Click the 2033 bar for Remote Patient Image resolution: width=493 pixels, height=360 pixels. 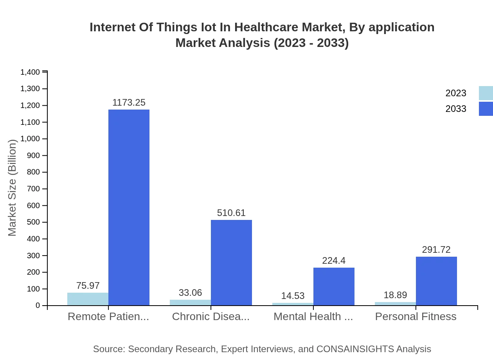pyautogui.click(x=129, y=207)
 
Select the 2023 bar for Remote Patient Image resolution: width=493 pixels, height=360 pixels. pyautogui.click(x=88, y=299)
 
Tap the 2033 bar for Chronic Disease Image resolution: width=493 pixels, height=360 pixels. pyautogui.click(x=231, y=263)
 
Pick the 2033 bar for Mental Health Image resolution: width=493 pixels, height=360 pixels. pyautogui.click(x=334, y=286)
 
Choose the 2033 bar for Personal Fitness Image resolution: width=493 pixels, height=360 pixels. pyautogui.click(x=436, y=281)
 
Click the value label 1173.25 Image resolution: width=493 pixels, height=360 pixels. pyautogui.click(x=129, y=103)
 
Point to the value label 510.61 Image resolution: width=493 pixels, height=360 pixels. pyautogui.click(x=231, y=213)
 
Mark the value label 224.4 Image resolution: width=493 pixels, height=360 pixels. pyautogui.click(x=334, y=261)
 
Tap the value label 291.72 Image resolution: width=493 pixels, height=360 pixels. pyautogui.click(x=436, y=250)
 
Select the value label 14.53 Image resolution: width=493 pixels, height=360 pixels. pyautogui.click(x=293, y=296)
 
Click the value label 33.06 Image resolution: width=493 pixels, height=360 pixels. pyautogui.click(x=190, y=293)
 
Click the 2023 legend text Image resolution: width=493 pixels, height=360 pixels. pyautogui.click(x=456, y=93)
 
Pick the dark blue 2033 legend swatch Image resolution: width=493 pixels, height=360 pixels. pyautogui.click(x=486, y=109)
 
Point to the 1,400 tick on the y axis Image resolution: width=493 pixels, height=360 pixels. pyautogui.click(x=30, y=72)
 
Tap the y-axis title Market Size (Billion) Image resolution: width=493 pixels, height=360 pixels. pyautogui.click(x=12, y=188)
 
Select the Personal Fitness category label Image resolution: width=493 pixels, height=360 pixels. pyautogui.click(x=416, y=317)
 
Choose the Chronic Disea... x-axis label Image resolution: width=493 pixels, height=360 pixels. pyautogui.click(x=211, y=317)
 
